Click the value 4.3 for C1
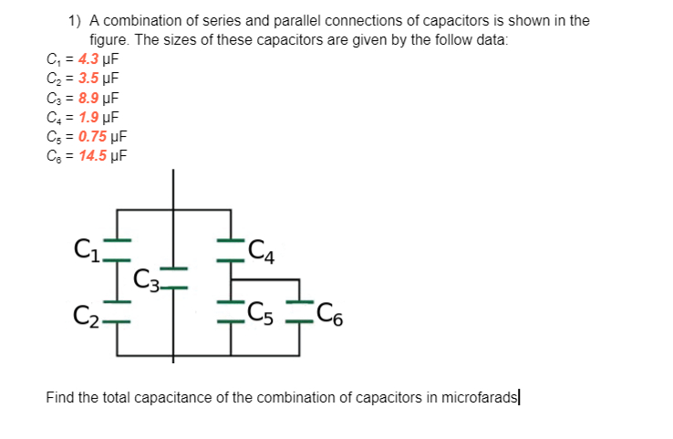89,59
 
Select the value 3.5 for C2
89,78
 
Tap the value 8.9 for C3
89,98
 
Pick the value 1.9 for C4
89,117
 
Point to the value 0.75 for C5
93,136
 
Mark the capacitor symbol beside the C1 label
118,247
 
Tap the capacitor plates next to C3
174,277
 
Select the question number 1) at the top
75,20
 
